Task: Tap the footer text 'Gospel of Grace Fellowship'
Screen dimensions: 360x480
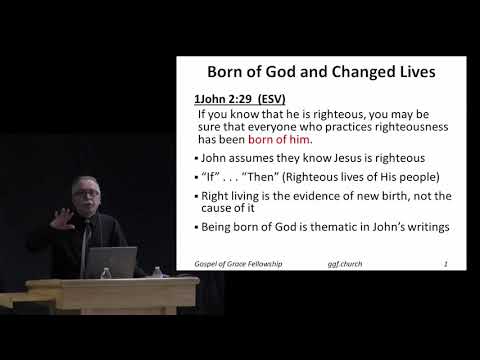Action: tap(237, 265)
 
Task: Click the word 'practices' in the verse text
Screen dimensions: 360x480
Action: tap(339, 127)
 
